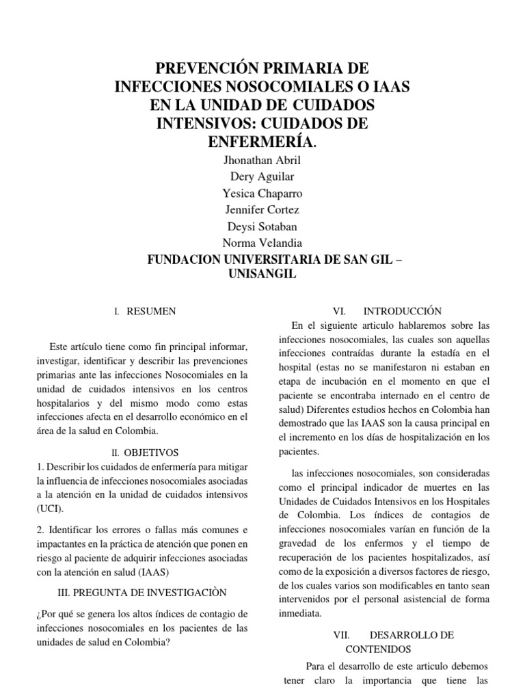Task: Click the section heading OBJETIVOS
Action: click(x=150, y=453)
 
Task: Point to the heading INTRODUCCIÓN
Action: click(x=403, y=311)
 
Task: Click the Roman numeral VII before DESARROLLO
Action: click(x=340, y=635)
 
